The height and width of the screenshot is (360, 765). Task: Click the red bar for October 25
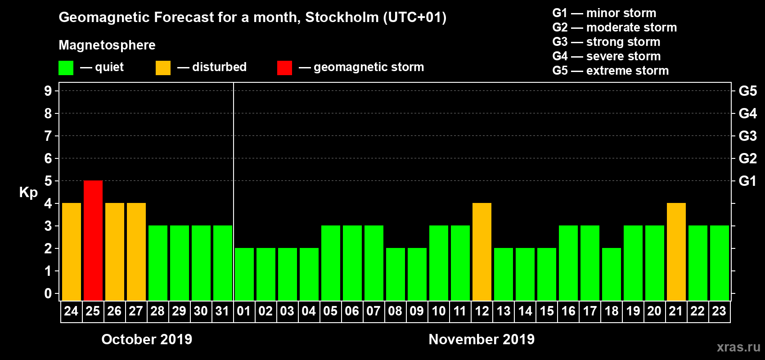click(x=93, y=240)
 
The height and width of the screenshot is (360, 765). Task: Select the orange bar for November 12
click(x=482, y=252)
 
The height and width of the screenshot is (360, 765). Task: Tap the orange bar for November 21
click(x=676, y=252)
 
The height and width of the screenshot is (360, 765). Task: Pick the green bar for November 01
click(x=244, y=274)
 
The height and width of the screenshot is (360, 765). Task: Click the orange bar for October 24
click(x=72, y=252)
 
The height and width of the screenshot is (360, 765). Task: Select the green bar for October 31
click(x=223, y=263)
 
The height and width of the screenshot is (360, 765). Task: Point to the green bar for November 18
click(x=612, y=274)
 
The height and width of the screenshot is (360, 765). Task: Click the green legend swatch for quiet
click(x=66, y=68)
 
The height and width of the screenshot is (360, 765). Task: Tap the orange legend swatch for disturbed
click(x=163, y=68)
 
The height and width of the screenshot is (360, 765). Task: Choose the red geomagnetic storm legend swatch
click(x=284, y=68)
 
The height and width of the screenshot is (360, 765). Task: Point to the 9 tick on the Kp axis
click(x=48, y=91)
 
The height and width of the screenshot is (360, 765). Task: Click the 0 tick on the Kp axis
click(x=48, y=293)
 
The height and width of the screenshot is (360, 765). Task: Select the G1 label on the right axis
click(x=747, y=181)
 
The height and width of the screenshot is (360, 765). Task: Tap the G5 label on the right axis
click(x=747, y=91)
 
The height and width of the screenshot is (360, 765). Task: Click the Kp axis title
click(x=28, y=192)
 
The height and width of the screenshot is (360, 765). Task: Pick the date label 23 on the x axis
click(x=719, y=311)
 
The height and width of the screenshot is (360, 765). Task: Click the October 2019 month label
click(x=147, y=339)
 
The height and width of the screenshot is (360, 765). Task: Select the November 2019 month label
click(x=481, y=339)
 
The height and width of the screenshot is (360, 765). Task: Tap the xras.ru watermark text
click(x=738, y=347)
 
